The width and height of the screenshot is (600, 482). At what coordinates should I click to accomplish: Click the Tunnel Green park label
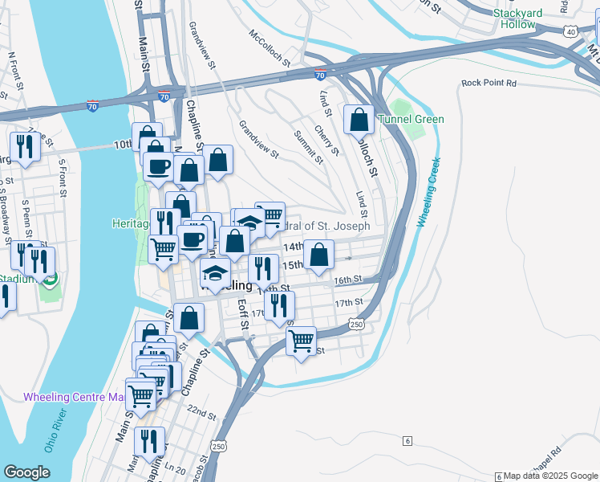coord(411,120)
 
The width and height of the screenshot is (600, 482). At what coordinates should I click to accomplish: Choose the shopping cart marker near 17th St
coord(301,340)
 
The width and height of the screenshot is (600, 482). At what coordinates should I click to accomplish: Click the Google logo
coord(26,472)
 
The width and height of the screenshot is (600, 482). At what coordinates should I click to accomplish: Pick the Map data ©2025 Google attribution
coord(549,476)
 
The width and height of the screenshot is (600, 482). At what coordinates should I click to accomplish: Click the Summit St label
coord(308,147)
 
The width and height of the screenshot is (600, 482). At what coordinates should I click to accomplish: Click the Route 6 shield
coord(407,441)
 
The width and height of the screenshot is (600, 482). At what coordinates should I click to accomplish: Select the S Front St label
coord(63,182)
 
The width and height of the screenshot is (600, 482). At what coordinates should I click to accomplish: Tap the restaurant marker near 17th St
coord(279,304)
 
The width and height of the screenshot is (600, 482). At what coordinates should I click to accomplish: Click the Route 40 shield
coord(570,30)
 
